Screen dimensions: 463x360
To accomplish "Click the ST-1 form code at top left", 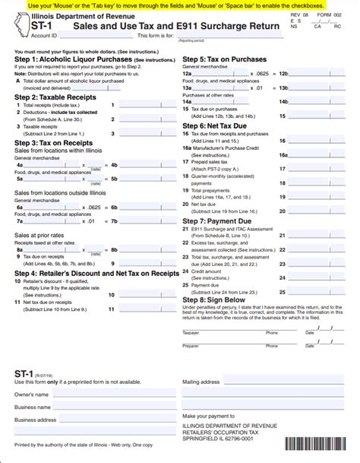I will click(x=24, y=25).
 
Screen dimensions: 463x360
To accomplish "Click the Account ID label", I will click(x=46, y=35).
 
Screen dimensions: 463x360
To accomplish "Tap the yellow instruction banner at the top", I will click(x=180, y=5).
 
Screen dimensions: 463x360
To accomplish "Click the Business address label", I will click(x=35, y=419).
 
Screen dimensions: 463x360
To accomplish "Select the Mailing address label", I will click(x=201, y=382).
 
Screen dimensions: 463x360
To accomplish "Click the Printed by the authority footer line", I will click(x=84, y=455).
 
